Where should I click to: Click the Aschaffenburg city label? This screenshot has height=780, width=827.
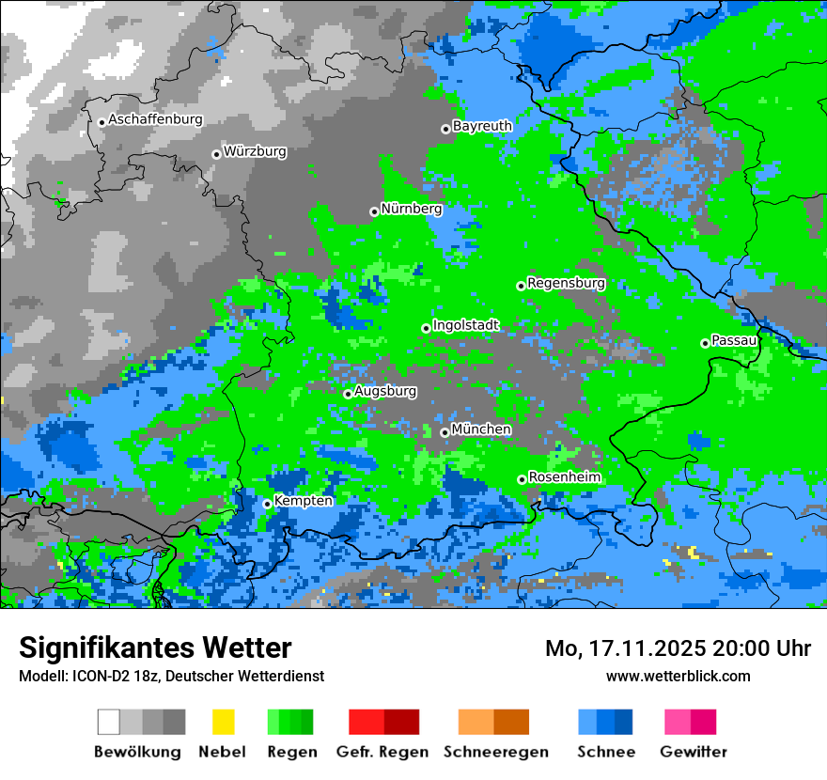155,120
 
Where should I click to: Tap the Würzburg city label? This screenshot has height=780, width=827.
255,151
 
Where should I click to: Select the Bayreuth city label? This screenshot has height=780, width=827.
482,126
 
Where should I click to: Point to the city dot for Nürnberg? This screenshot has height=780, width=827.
374,211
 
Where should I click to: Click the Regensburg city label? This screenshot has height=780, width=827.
566,283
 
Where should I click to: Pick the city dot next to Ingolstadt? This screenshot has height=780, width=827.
427,328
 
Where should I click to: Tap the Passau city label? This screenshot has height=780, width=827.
734,340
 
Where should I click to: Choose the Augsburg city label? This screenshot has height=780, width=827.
384,391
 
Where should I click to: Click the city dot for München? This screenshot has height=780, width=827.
445,432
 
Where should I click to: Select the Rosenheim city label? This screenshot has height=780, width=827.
564,477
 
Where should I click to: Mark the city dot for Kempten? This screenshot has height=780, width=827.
268,504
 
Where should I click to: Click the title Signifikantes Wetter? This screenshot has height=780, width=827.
155,648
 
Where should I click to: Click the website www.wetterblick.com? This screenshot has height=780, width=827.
678,676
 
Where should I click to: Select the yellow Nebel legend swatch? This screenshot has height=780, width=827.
223,722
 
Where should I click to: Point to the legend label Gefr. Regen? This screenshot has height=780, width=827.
383,752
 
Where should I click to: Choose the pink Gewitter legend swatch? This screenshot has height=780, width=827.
691,722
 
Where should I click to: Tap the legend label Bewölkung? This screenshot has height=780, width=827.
137,752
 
